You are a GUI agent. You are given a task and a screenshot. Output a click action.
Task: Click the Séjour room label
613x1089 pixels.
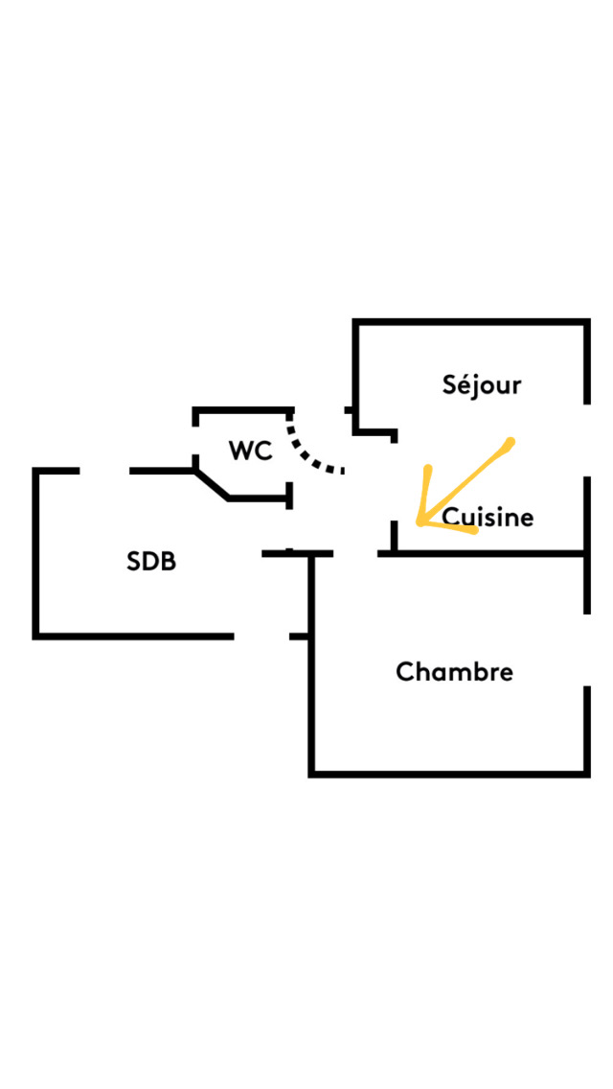coord(482,385)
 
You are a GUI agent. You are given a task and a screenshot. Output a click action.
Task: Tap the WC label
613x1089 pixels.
coord(250,451)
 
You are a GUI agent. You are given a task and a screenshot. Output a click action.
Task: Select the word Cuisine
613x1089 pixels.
coord(488,518)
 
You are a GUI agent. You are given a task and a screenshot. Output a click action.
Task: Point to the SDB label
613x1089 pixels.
coord(151,562)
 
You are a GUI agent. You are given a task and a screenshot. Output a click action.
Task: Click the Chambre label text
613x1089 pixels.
coord(454,672)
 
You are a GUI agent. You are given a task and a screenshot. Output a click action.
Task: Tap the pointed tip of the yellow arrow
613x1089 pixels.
coord(420,522)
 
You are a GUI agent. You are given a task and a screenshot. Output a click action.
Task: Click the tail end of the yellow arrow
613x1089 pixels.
coord(511,442)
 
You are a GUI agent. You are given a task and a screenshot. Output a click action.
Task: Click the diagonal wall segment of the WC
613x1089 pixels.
coord(212,484)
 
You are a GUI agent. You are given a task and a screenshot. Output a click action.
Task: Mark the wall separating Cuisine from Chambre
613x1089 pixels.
coord(488,553)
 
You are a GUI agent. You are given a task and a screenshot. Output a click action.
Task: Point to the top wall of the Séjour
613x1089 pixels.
coord(469,322)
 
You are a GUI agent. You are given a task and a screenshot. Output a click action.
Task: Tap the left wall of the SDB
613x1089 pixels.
coord(36,553)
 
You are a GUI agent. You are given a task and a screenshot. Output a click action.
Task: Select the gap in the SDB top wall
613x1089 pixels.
coord(104,471)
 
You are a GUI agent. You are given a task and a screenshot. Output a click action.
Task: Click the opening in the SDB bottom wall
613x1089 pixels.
coord(261,636)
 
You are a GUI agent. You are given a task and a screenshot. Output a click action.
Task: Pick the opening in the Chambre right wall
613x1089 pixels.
coord(586,649)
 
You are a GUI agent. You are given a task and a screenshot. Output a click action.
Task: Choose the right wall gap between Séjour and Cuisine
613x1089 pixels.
coord(586,439)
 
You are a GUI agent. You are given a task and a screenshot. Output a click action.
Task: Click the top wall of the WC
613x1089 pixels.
coord(242,410)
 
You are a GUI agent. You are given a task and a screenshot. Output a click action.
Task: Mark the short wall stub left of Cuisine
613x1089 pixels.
coord(394,537)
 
